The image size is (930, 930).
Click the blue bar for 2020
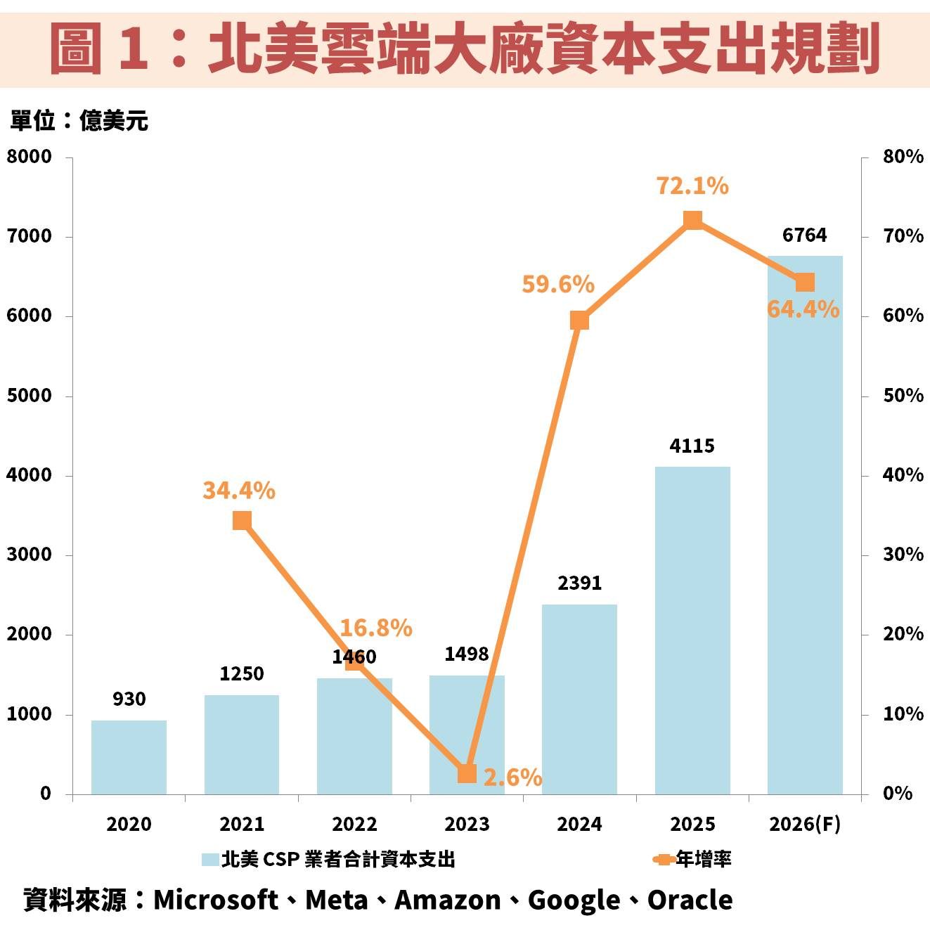[x=129, y=757]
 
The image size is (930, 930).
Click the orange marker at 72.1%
[x=693, y=221]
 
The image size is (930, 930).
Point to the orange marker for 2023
[x=467, y=774]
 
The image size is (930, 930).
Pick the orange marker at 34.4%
[x=242, y=521]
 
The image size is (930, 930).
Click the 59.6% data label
[x=558, y=284]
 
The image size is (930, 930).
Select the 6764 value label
[x=805, y=235]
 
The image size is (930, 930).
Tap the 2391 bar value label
[x=579, y=583]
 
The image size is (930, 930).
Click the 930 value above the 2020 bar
[x=129, y=699]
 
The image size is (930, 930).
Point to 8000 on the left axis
[x=30, y=156]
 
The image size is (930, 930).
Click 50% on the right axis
[x=903, y=395]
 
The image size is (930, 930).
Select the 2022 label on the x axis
[x=354, y=824]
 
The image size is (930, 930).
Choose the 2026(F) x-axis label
[x=805, y=824]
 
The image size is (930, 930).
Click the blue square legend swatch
[x=209, y=860]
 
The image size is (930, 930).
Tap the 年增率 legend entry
[x=703, y=859]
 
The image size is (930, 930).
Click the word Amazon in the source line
[x=448, y=900]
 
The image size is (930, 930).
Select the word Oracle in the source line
[x=690, y=900]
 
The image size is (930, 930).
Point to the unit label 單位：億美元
[x=79, y=121]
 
